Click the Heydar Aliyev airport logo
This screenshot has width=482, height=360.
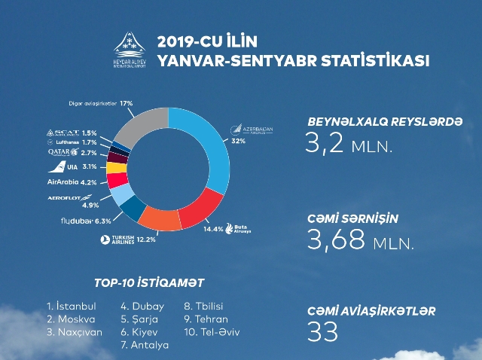coord(130,50)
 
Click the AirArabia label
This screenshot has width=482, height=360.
coord(65,182)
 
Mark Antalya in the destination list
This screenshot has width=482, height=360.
coord(145,345)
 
